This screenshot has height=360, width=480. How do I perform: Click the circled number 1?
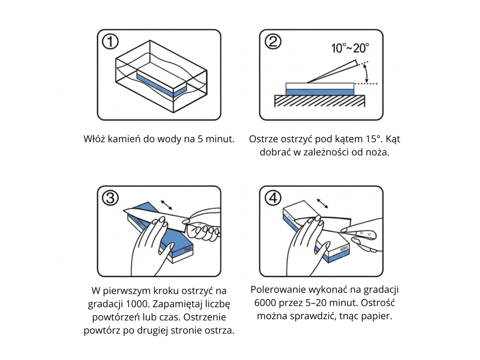click(x=110, y=41)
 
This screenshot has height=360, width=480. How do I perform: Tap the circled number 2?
click(x=273, y=41)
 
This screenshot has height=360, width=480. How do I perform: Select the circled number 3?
click(x=110, y=198)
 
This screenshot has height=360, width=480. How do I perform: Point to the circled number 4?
click(x=273, y=198)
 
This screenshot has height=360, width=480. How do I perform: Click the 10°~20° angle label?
click(x=350, y=48)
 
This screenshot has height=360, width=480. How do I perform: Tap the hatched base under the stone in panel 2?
click(x=320, y=101)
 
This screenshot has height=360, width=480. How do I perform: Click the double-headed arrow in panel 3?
click(x=166, y=204)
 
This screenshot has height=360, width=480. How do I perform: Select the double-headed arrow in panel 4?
click(x=322, y=203)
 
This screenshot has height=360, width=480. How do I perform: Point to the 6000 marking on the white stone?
click(x=344, y=248)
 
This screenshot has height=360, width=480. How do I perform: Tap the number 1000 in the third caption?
click(x=137, y=304)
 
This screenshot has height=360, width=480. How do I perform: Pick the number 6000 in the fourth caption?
click(x=266, y=302)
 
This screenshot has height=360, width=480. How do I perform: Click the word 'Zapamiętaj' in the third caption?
click(x=178, y=304)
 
